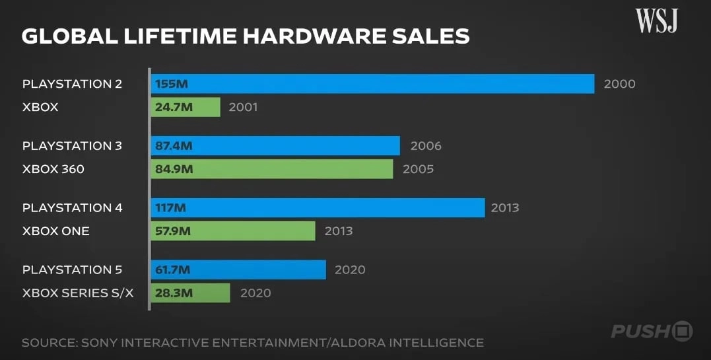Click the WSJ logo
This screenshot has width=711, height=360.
(657, 21)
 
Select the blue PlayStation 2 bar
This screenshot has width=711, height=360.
(373, 84)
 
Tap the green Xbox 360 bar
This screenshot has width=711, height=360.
(272, 169)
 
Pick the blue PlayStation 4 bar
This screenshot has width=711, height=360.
(318, 208)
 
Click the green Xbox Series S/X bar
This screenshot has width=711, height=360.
(190, 293)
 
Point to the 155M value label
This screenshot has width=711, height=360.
(172, 84)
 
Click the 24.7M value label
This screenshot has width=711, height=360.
(174, 107)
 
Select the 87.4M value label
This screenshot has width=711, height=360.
(174, 146)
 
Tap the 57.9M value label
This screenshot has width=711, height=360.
(174, 231)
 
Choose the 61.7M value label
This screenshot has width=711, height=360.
(174, 270)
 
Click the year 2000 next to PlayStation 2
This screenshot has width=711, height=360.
(619, 84)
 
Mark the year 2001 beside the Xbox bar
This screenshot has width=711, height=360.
(243, 107)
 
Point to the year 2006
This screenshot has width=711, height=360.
(426, 146)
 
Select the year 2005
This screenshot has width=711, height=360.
(418, 169)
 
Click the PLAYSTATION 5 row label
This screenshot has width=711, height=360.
(72, 270)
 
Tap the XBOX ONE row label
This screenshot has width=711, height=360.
(55, 231)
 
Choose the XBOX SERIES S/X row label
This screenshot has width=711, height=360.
(78, 293)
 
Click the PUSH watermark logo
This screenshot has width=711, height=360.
(651, 330)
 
